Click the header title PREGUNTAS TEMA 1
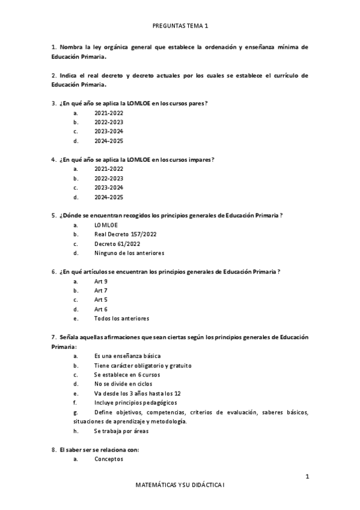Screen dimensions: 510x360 coord(180,26)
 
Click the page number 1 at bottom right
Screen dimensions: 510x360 coord(307,477)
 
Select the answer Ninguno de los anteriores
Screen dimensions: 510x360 coord(129,253)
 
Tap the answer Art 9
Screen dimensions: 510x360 coord(100,281)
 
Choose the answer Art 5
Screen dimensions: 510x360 coord(100,300)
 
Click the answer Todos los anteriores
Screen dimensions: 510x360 coord(121,318)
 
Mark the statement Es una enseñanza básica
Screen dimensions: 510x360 coord(123,356)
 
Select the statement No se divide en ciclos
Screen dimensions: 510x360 coord(123,383)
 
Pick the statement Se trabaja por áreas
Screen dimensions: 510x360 coord(121,431)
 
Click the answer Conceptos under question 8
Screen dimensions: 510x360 coord(108,459)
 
